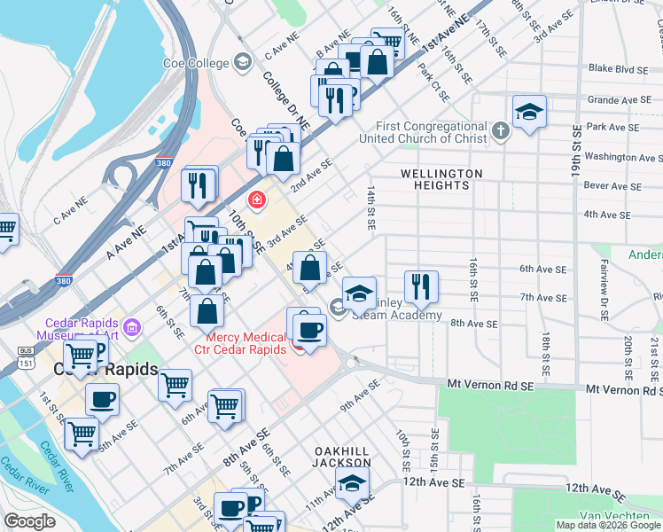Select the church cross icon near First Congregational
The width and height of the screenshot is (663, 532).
coord(501,132)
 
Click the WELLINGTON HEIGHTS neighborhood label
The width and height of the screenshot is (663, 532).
coord(441,179)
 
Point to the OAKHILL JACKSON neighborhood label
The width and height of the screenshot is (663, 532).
coord(342,457)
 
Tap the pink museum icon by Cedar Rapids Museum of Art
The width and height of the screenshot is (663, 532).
coord(132,329)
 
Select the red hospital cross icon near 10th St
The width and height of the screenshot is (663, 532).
coord(257,201)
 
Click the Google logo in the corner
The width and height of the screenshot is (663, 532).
coord(30,520)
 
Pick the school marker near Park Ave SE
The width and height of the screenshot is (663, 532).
coord(529,113)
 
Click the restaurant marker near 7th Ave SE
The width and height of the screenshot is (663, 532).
coord(420,286)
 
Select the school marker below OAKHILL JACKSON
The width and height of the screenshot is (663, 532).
coord(352,484)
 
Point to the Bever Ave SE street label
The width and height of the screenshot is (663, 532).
coord(612,186)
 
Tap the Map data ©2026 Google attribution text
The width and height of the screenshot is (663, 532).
coord(607,525)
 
